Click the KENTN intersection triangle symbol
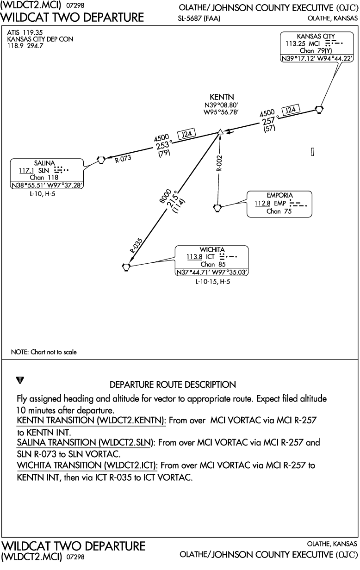pyautogui.click(x=221, y=132)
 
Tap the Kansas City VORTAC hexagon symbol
pyautogui.click(x=319, y=109)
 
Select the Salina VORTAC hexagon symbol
pyautogui.click(x=101, y=160)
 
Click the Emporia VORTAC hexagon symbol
pyautogui.click(x=217, y=207)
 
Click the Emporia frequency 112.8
pyautogui.click(x=261, y=203)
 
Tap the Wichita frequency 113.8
pyautogui.click(x=195, y=257)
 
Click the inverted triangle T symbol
pyautogui.click(x=20, y=380)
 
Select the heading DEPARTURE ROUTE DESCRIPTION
pyautogui.click(x=173, y=384)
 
